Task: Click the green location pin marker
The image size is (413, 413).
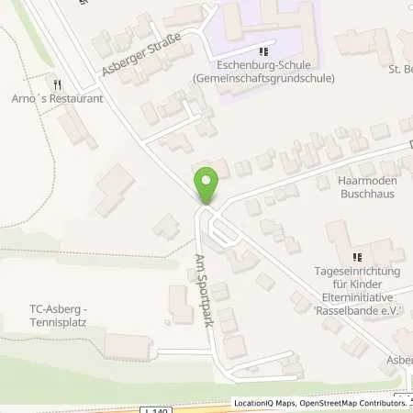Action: pyautogui.click(x=207, y=184)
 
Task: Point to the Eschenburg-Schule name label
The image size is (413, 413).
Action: pyautogui.click(x=263, y=66)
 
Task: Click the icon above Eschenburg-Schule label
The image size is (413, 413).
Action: pyautogui.click(x=264, y=52)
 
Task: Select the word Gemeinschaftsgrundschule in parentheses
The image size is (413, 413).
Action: pyautogui.click(x=263, y=79)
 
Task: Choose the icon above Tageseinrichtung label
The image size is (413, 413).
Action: pyautogui.click(x=358, y=257)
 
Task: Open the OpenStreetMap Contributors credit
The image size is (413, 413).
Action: pyautogui.click(x=350, y=403)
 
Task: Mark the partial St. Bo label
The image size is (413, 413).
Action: pyautogui.click(x=400, y=68)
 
